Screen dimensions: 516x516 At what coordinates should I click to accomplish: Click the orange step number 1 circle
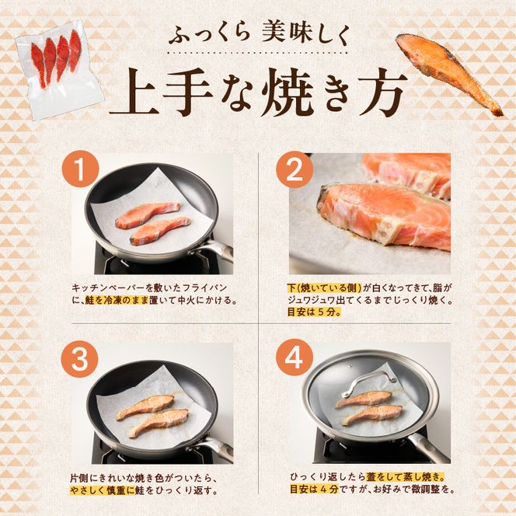tap(80, 169)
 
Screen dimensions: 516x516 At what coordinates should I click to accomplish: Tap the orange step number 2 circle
tap(295, 169)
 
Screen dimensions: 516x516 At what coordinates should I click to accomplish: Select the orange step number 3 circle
tap(79, 359)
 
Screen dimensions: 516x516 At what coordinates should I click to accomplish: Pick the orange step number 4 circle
tap(294, 357)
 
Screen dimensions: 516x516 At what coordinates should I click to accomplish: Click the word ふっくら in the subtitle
tap(209, 36)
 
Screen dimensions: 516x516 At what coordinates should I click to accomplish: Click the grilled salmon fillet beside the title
tap(448, 72)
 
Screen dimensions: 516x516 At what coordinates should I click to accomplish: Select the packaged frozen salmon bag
tap(59, 68)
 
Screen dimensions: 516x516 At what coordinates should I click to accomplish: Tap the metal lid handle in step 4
tap(368, 382)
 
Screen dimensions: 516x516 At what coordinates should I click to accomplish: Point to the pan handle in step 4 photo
tap(431, 447)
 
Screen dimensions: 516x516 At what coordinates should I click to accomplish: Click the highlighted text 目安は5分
tap(314, 312)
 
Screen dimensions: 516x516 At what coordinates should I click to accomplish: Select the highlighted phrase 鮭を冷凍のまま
tap(117, 301)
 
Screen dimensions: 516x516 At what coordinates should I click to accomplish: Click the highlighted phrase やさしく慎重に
tap(103, 490)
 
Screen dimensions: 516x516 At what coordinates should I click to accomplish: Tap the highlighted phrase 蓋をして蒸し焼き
tap(405, 476)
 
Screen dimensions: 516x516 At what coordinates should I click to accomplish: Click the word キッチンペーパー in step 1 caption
tap(108, 288)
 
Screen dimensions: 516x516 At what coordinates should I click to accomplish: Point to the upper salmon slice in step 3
tap(145, 407)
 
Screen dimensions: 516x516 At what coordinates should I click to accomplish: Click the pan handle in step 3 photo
tap(213, 446)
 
